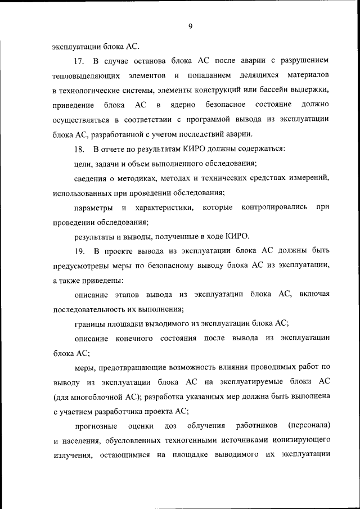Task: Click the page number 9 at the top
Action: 191,25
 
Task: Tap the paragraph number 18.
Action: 79,149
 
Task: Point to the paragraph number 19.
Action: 79,250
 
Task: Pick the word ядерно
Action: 181,105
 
